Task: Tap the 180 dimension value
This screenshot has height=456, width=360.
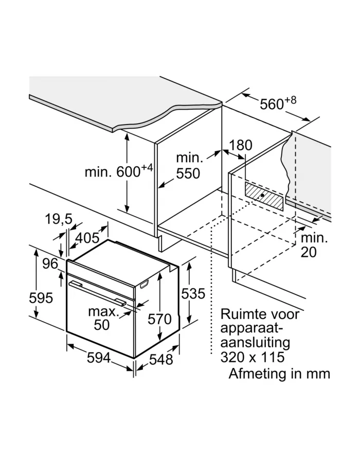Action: coord(241,146)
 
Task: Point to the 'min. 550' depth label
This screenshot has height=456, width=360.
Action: coord(188,165)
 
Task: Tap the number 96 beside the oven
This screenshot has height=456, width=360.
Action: coord(50,264)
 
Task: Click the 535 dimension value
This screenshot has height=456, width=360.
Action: coord(193,294)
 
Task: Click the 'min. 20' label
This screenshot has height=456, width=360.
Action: coord(314,245)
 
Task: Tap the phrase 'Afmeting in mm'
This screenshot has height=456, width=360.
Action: coord(279,373)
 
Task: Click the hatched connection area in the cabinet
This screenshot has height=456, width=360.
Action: coord(264,195)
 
